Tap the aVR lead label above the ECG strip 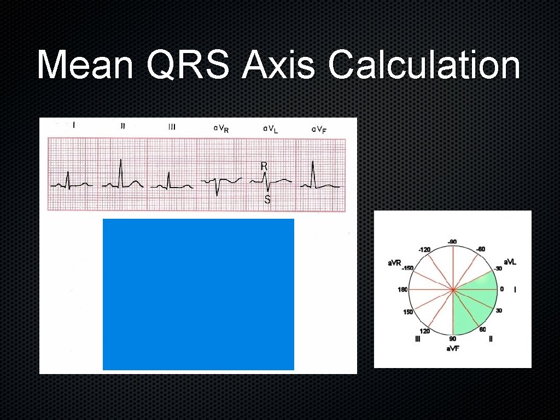221,129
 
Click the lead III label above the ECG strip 172,127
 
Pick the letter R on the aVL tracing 264,165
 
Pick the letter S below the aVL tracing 267,200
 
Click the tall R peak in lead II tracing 120,161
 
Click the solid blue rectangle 198,294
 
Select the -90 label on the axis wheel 452,242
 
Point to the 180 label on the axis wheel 402,290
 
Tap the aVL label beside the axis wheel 510,262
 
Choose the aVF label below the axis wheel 452,348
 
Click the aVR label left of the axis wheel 394,263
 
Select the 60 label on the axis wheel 483,329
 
